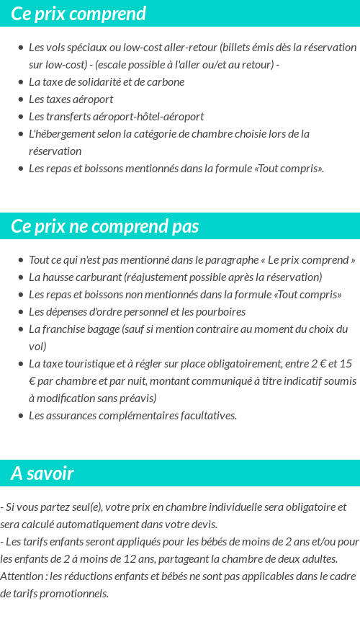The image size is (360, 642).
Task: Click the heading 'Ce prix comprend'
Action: pyautogui.click(x=78, y=14)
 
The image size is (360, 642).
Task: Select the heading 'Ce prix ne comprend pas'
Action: pyautogui.click(x=104, y=226)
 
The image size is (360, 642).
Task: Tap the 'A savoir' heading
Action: pyautogui.click(x=42, y=473)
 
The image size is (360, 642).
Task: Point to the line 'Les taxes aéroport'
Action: pyautogui.click(x=71, y=99)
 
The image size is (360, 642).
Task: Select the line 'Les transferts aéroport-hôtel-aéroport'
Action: pyautogui.click(x=116, y=116)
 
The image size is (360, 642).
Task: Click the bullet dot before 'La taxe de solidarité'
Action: pyautogui.click(x=21, y=82)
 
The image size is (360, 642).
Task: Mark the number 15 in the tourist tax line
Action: pyautogui.click(x=346, y=364)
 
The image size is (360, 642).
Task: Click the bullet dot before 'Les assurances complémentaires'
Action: pyautogui.click(x=21, y=416)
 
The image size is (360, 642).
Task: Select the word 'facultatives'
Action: pyautogui.click(x=206, y=415)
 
